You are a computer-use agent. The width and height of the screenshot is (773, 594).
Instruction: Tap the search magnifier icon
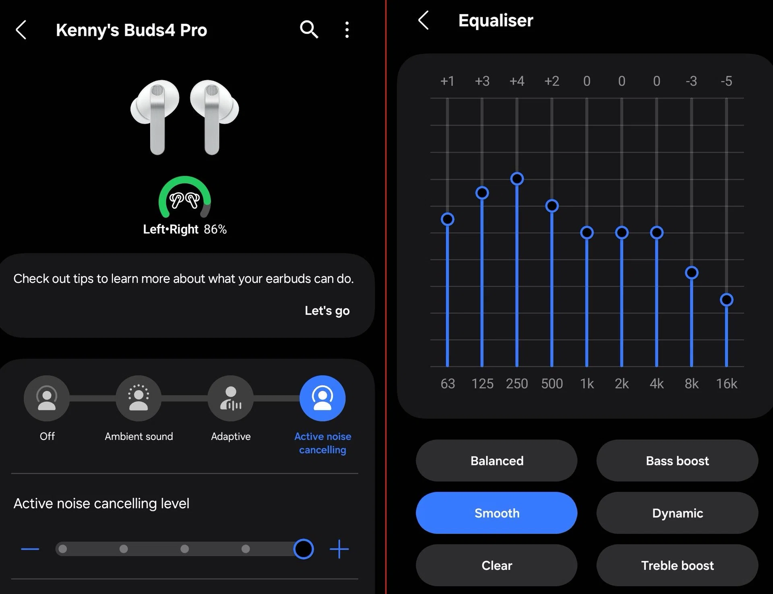pos(309,29)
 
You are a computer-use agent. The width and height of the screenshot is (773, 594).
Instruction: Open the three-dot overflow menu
pos(347,30)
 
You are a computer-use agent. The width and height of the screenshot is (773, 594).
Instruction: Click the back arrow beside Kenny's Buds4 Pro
pos(21,30)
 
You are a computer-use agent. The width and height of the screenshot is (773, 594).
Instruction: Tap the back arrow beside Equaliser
pos(424,20)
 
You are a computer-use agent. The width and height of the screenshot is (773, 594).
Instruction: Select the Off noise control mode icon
pos(47,398)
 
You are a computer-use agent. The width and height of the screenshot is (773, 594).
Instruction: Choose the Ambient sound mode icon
pos(138,398)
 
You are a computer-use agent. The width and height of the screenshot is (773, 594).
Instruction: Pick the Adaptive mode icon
pos(231,398)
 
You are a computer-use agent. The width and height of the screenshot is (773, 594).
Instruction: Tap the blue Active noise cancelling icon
pos(322,398)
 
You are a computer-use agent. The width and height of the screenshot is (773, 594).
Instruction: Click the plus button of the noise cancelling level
pos(339,549)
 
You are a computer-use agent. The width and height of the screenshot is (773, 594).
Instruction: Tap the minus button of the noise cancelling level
pos(30,549)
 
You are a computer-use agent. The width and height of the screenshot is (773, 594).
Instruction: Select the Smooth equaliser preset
pos(496,513)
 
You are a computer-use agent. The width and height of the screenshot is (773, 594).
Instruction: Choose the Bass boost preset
pos(677,460)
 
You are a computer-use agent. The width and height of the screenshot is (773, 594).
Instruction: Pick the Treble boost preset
pos(677,565)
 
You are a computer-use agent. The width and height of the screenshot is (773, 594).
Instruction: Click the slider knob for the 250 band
pos(517,179)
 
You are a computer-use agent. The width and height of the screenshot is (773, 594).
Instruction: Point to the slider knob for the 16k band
pos(726,300)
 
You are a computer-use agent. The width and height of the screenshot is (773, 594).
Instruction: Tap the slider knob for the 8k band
pos(692,273)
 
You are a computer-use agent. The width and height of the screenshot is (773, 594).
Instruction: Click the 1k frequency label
pos(587,384)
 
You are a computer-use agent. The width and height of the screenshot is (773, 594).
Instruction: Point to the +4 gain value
pos(517,81)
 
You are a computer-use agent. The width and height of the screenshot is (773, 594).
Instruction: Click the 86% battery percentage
pos(215,229)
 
